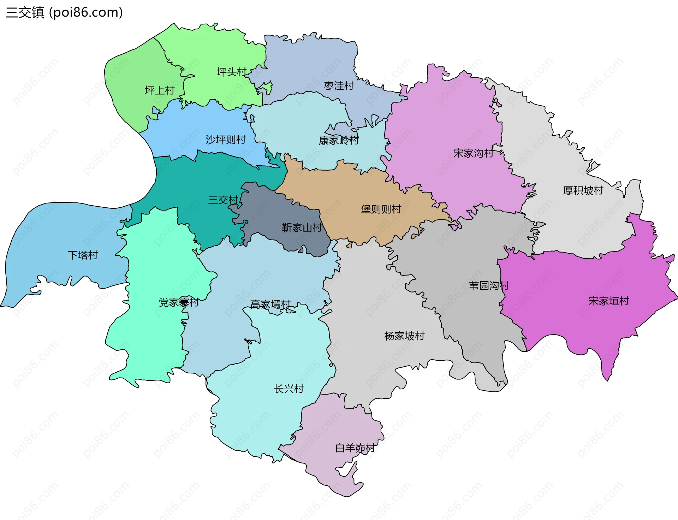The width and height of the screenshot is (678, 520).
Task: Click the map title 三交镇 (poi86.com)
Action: click(64, 13)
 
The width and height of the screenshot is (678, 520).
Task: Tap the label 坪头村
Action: click(231, 72)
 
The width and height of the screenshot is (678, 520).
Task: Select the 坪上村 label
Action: click(160, 91)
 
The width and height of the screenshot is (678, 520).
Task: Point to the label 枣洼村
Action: click(339, 86)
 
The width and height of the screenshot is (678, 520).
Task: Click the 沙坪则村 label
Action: click(226, 140)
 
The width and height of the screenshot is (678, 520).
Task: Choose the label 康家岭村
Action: click(339, 141)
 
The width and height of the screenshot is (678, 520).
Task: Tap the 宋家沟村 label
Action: click(473, 153)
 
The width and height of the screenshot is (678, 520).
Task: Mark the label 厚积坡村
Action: click(583, 191)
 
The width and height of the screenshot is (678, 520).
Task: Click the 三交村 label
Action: click(223, 200)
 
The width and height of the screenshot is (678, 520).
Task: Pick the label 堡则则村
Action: click(381, 209)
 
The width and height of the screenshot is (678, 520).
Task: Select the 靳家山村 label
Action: click(302, 228)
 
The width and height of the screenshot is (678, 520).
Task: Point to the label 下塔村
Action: click(83, 255)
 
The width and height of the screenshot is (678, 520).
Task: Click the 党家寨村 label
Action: click(179, 303)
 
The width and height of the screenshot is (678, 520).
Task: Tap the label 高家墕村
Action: click(270, 305)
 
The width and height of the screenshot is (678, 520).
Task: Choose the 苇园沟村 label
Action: click(489, 286)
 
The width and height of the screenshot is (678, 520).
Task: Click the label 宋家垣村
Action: click(609, 301)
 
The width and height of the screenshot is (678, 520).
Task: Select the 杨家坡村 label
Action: click(404, 336)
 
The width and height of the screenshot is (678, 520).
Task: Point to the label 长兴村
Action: click(289, 389)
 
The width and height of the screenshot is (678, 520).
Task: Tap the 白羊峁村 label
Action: click(355, 448)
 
